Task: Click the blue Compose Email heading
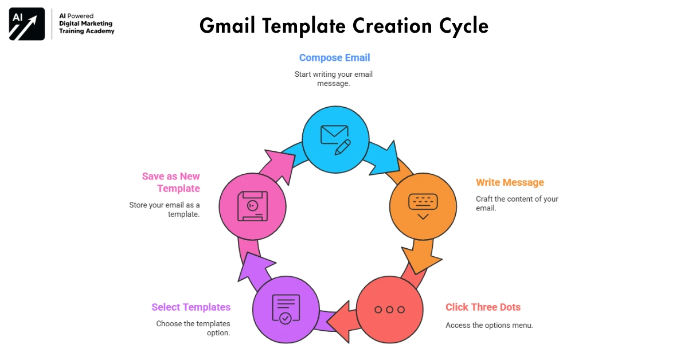334,58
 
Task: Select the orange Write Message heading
510,183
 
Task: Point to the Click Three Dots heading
483,307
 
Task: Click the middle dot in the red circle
389,310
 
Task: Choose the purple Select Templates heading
191,307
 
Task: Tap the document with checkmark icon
286,310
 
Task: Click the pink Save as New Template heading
171,182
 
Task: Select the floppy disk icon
252,206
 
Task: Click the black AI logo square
27,24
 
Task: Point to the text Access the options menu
489,326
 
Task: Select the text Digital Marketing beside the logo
86,24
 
